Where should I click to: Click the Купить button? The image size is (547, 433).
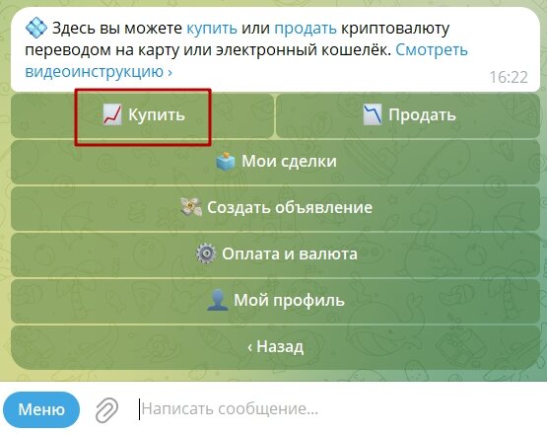[x=143, y=115]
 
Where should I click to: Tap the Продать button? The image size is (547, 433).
[x=407, y=115]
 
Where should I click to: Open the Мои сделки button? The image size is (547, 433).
[x=275, y=162]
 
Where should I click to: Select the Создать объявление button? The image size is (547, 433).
[x=275, y=208]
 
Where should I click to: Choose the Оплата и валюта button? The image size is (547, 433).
[x=275, y=253]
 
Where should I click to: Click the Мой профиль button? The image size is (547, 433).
[x=275, y=300]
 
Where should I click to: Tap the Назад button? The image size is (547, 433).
[x=275, y=346]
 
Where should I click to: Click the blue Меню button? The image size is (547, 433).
[x=41, y=409]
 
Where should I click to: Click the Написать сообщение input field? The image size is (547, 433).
[x=296, y=409]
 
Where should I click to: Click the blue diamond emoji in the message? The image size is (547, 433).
[x=36, y=26]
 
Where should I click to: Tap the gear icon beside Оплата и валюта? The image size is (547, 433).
[x=205, y=254]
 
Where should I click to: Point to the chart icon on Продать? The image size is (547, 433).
[x=372, y=115]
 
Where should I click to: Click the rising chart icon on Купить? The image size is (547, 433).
[x=112, y=115]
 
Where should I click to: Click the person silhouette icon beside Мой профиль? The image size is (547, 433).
[x=218, y=300]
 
